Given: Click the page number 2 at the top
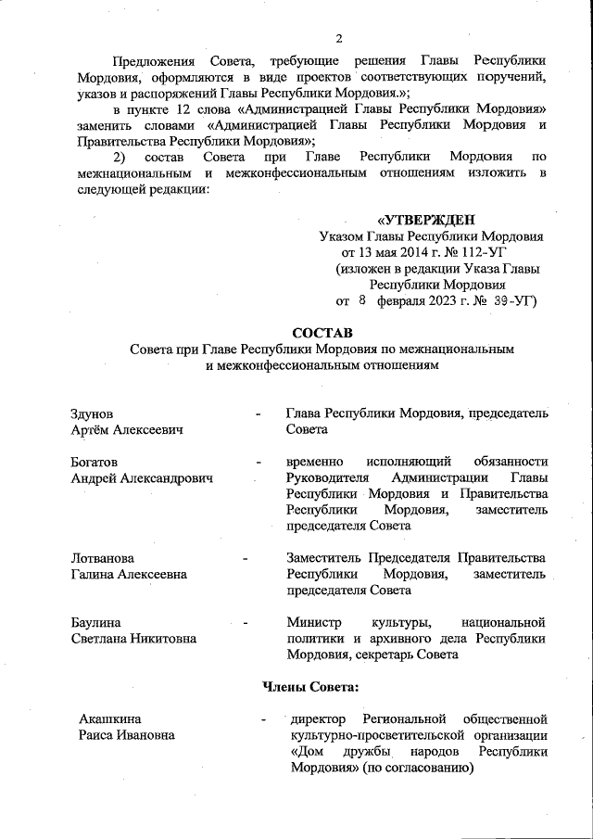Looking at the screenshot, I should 339,38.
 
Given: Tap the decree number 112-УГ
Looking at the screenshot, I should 484,251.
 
